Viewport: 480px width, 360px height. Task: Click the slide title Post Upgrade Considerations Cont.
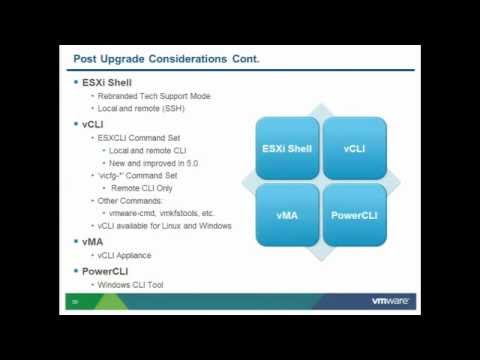pos(167,59)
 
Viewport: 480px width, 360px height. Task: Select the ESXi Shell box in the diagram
pos(286,148)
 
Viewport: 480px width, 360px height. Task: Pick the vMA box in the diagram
pos(286,214)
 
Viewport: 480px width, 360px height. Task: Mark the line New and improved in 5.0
pos(156,162)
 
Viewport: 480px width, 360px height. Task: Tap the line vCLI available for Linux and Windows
pos(165,226)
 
